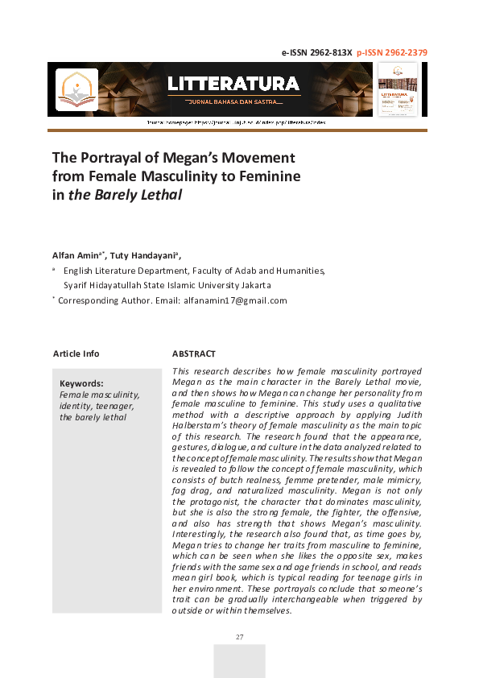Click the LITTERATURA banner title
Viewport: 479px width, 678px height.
pyautogui.click(x=233, y=84)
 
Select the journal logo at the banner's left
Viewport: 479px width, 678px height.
pyautogui.click(x=76, y=89)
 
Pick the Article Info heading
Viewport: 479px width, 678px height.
pyautogui.click(x=76, y=353)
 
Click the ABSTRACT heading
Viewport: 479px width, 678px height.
pyautogui.click(x=194, y=353)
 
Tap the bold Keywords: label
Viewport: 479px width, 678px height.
pyautogui.click(x=81, y=383)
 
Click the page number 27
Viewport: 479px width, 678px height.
pyautogui.click(x=239, y=638)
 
